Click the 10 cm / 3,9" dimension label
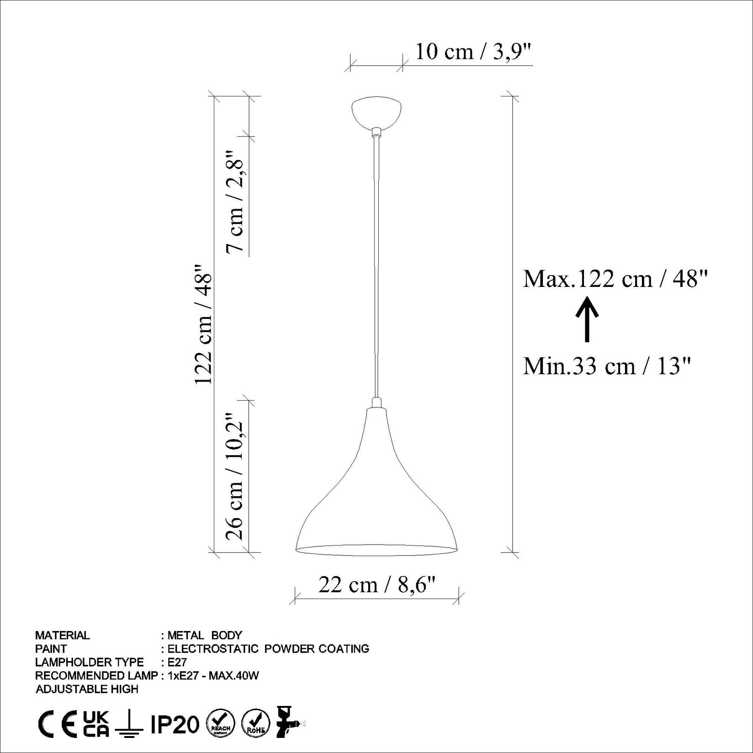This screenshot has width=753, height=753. (473, 52)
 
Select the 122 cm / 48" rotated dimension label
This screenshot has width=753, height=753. (204, 324)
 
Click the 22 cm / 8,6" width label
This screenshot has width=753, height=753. (377, 584)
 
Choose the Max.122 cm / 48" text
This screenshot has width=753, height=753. (615, 278)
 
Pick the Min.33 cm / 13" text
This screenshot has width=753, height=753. (606, 366)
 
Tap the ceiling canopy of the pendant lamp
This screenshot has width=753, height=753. (376, 111)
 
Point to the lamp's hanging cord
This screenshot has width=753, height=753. (376, 265)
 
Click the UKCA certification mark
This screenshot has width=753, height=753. (96, 724)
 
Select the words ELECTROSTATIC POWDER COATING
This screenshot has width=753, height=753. (268, 648)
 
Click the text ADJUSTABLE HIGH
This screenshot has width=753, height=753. (87, 689)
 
